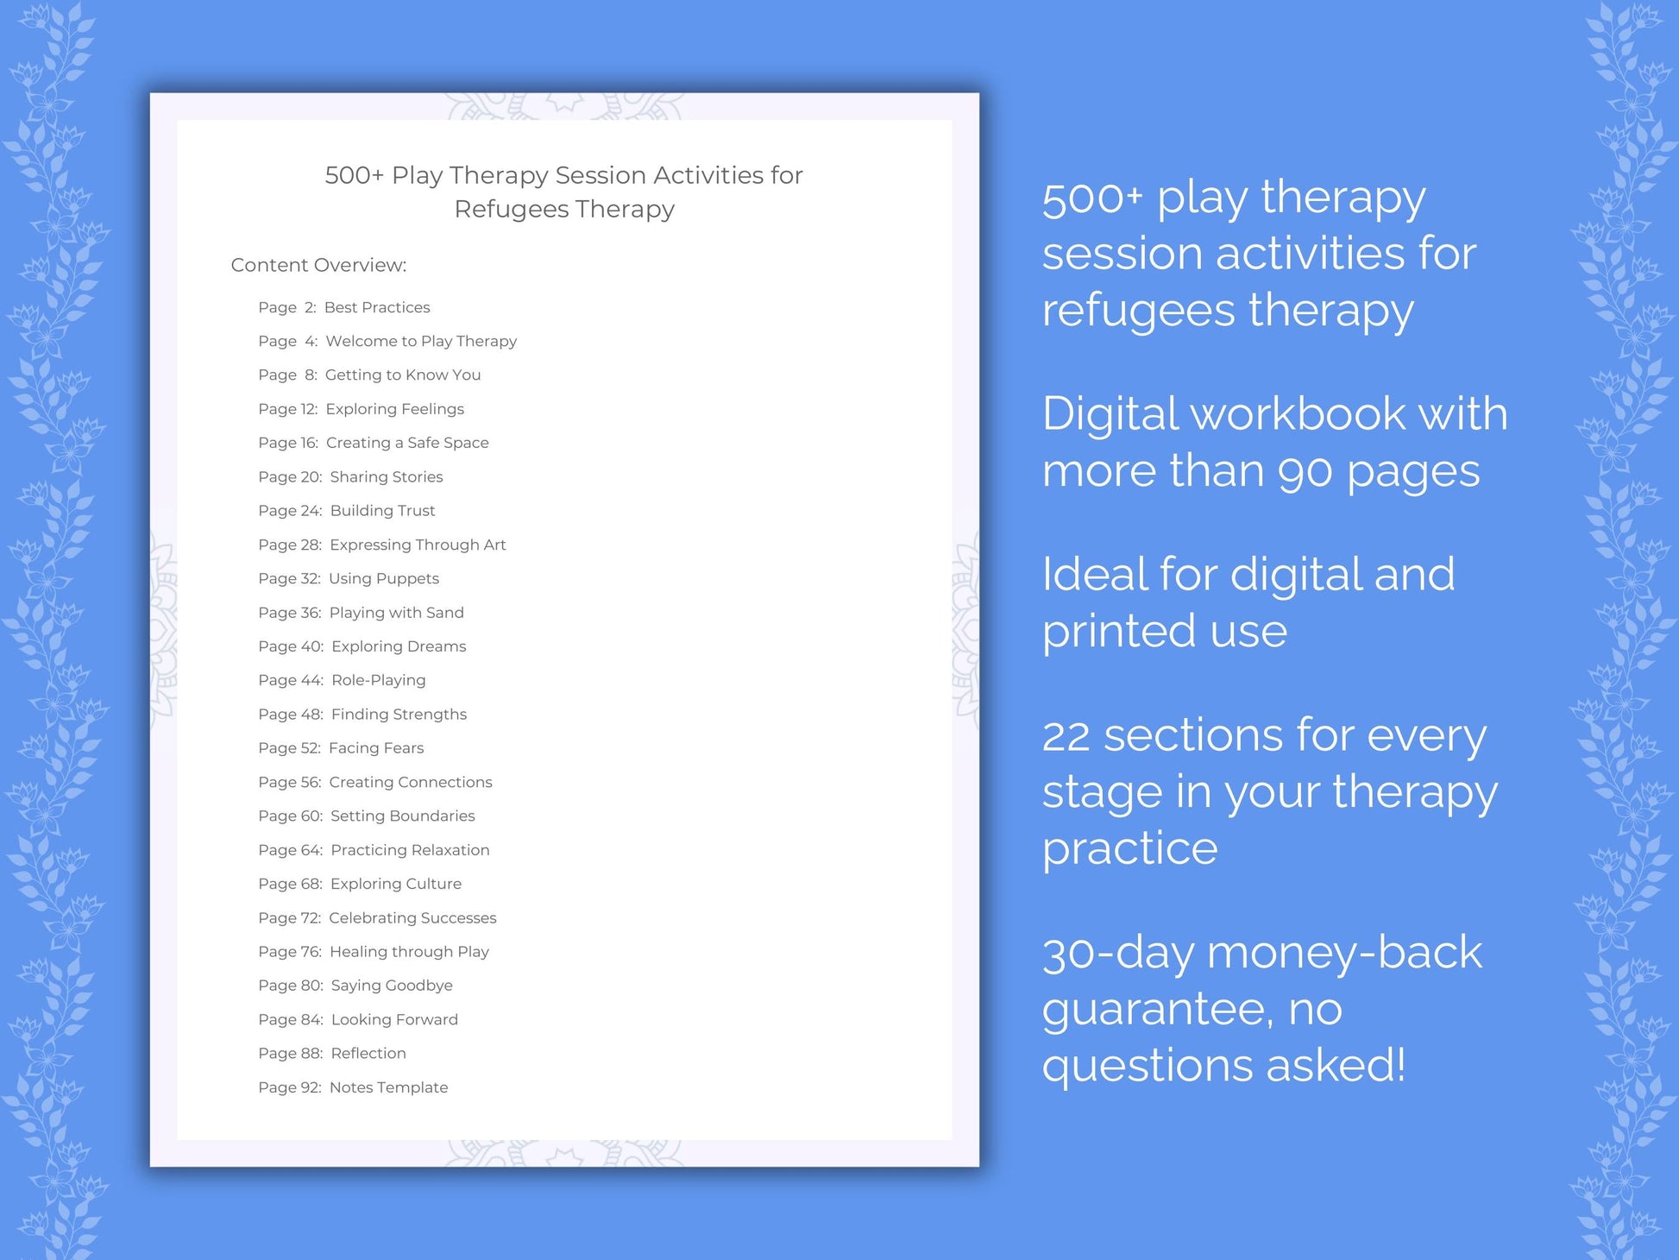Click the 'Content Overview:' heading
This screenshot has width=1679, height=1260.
[x=318, y=265]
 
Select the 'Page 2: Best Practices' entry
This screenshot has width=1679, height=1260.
[x=343, y=307]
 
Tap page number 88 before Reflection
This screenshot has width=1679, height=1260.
[x=311, y=1054]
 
